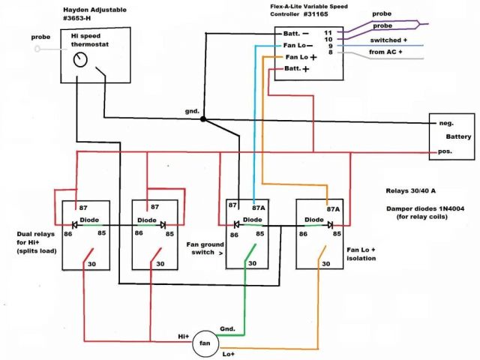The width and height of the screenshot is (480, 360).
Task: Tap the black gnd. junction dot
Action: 203,118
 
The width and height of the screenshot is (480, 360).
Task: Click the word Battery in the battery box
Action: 457,136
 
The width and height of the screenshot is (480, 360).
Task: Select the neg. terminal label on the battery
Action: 444,123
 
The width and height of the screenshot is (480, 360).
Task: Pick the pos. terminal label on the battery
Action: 444,152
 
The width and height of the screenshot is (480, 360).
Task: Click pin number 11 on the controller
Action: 328,33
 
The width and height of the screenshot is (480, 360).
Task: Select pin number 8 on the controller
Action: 328,53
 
